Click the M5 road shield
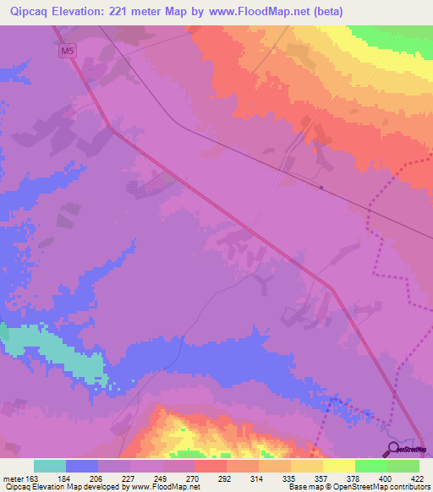(x=66, y=52)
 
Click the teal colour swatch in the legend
(x=50, y=466)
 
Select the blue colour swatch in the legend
(x=82, y=466)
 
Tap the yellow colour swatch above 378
(x=339, y=466)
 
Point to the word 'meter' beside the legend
(x=11, y=479)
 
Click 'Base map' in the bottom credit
(x=304, y=488)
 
